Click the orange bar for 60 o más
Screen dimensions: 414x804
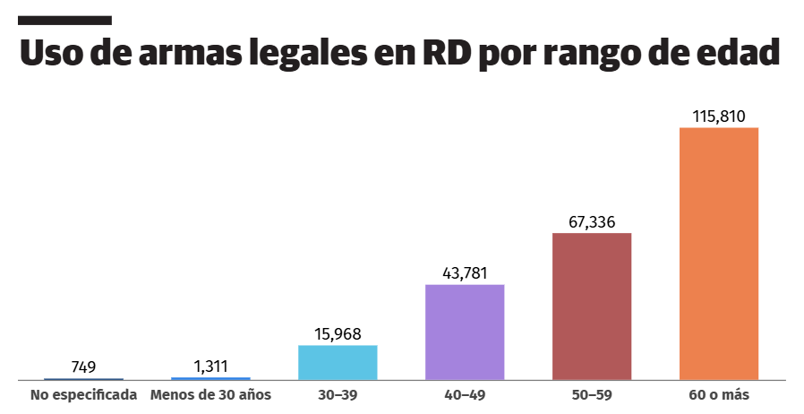point(719,254)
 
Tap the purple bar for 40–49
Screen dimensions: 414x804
point(465,332)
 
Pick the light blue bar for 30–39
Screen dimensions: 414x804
point(338,362)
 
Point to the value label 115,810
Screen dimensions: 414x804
point(719,116)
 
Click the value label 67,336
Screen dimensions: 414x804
point(592,222)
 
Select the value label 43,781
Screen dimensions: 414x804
point(465,273)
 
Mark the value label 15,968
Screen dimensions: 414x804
point(338,334)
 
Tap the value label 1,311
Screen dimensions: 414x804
point(210,367)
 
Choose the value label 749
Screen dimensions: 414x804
point(83,367)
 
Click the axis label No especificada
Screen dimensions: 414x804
point(83,394)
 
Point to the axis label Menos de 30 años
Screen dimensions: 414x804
point(210,394)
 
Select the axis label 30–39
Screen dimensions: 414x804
point(338,394)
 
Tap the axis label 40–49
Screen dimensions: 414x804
point(465,394)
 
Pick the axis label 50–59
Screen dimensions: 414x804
point(592,394)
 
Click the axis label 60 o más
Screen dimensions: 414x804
point(719,394)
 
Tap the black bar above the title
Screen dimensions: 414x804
point(64,20)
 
